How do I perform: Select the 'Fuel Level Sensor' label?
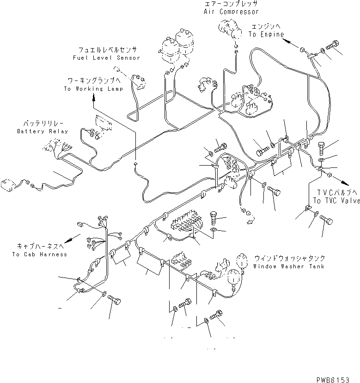[x=106, y=58]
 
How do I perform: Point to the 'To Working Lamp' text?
[x=93, y=89]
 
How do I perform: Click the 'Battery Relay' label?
[x=43, y=131]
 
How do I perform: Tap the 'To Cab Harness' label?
[x=40, y=254]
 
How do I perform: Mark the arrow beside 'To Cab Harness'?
[x=70, y=240]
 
